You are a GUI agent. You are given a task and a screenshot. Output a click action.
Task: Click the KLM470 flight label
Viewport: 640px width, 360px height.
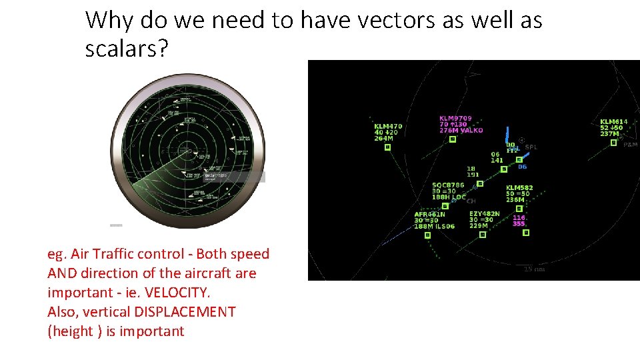[x=388, y=126]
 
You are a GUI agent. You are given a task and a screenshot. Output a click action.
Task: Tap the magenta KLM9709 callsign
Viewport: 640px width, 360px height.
[x=455, y=119]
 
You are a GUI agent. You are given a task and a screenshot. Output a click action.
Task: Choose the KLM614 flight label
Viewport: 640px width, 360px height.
[x=614, y=121]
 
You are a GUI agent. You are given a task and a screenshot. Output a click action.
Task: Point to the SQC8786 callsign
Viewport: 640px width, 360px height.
[x=448, y=185]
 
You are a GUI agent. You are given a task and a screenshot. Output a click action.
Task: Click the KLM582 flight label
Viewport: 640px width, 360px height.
[x=519, y=188]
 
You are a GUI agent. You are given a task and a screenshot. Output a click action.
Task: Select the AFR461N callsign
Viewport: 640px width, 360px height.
[x=429, y=215]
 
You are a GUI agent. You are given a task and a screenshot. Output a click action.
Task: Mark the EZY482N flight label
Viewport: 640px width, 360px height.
[x=484, y=214]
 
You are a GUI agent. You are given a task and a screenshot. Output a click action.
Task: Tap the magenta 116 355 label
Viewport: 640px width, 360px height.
[x=519, y=221]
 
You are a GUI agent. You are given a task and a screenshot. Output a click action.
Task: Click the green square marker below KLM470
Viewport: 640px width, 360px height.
[x=387, y=147]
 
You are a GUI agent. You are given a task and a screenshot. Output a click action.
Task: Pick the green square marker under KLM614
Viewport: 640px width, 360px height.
[x=614, y=142]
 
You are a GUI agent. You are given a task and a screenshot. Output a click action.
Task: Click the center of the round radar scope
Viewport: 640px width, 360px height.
[x=187, y=151]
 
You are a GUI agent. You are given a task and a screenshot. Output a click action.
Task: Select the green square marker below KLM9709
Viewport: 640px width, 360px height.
[x=452, y=139]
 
